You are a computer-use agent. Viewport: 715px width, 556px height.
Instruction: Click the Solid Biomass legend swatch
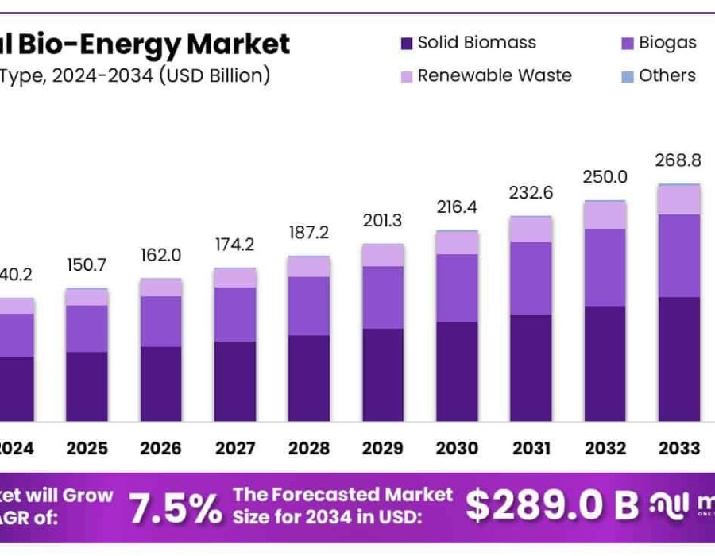tap(406, 43)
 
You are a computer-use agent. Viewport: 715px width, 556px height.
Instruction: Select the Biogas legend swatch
tap(627, 43)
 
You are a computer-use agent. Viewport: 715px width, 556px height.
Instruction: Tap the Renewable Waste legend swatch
tap(406, 76)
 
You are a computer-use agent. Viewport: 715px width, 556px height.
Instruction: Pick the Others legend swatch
tap(627, 76)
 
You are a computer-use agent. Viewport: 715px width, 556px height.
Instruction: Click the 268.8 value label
tap(678, 160)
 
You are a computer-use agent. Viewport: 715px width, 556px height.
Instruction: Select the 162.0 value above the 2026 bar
tap(161, 256)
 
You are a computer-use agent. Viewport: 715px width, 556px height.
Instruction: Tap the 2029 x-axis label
tap(383, 448)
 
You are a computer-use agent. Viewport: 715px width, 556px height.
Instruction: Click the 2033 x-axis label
tap(678, 448)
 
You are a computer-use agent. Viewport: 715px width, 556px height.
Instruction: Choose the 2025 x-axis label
tap(87, 448)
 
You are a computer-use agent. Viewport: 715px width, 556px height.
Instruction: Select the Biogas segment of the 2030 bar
tap(457, 288)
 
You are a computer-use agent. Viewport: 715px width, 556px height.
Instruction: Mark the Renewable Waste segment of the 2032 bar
tap(605, 215)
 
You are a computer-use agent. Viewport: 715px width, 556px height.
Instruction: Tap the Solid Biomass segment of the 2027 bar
tap(235, 381)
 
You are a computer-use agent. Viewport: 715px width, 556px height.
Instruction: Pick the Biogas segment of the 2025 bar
tap(87, 329)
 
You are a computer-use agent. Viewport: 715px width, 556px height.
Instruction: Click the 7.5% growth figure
tap(176, 508)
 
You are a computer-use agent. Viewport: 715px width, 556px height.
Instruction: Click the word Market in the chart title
tap(238, 44)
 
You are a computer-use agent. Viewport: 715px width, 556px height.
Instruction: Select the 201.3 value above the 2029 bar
tap(383, 220)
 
